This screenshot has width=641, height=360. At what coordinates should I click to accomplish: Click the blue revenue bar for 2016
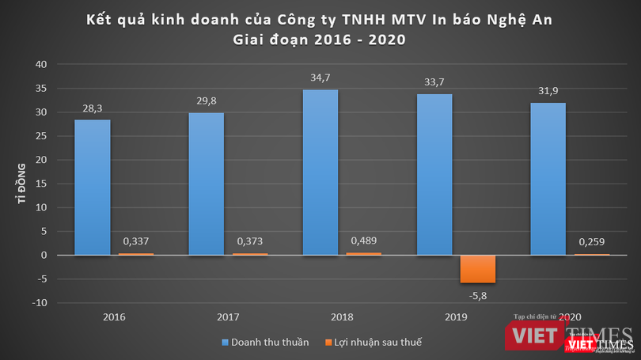coord(93,188)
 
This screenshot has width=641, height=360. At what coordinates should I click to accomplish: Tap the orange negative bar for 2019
coord(478,269)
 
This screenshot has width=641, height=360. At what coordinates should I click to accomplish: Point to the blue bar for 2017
coord(207,184)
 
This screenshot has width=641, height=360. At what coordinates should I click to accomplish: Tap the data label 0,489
coord(362,240)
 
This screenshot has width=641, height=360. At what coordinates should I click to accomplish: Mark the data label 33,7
coord(434,81)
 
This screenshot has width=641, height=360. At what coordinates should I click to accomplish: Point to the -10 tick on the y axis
coord(40,303)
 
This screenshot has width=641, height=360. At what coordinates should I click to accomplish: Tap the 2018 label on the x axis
coord(342,317)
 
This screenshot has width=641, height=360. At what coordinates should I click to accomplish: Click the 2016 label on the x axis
coord(114,317)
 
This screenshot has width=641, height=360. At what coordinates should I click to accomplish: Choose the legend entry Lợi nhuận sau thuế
coord(371,343)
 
